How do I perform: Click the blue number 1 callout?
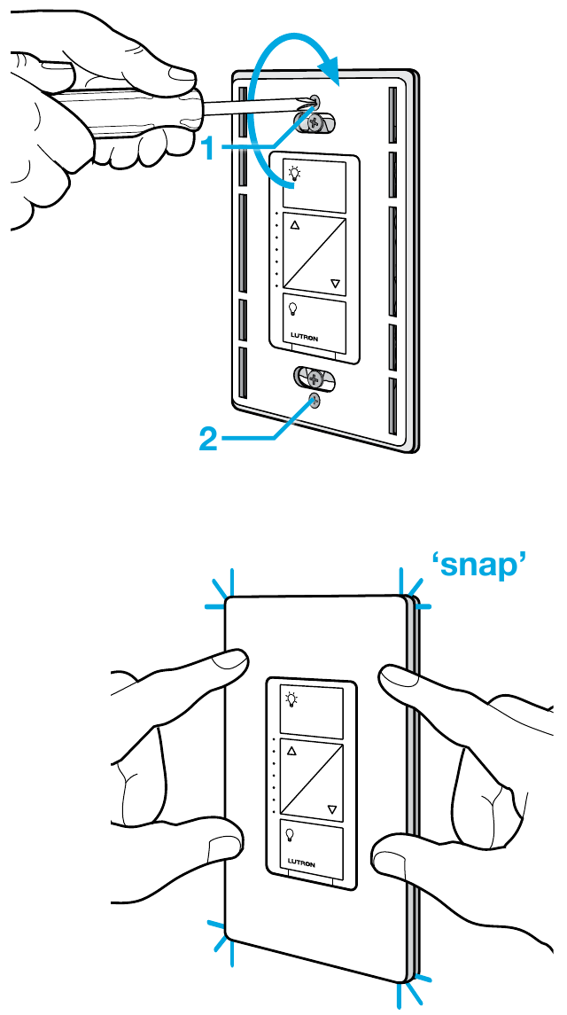(208, 148)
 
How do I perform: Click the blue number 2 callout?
(208, 441)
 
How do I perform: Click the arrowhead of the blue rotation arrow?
(330, 71)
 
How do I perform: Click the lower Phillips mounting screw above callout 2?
(314, 378)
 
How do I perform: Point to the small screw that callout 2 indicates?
(314, 402)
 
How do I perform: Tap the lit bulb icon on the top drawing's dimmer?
(294, 173)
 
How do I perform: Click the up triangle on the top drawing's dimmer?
(295, 225)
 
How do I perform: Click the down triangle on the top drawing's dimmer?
(335, 284)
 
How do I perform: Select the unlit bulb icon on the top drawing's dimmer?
(293, 308)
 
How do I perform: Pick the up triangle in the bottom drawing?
(291, 752)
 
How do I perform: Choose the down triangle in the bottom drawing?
(332, 809)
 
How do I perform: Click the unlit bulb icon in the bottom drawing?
(291, 834)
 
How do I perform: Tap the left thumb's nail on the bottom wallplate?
(230, 661)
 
